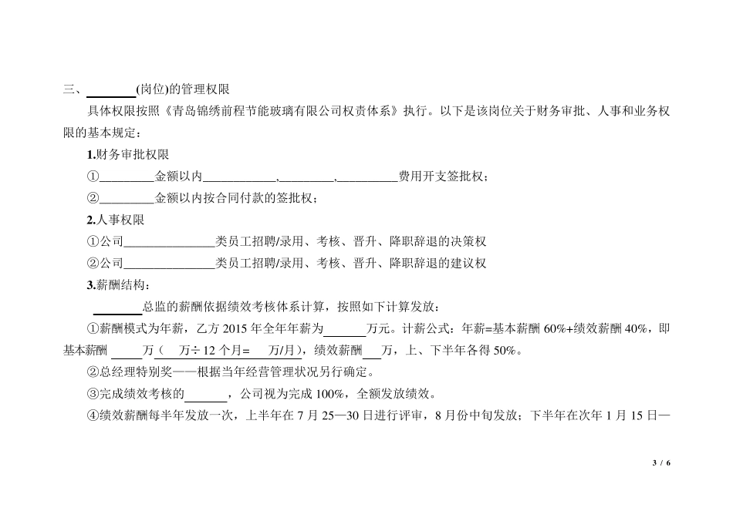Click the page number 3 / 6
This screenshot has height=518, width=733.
click(x=661, y=462)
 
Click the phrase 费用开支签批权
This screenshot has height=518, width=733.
click(x=442, y=177)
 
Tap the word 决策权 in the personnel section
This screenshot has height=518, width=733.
click(x=470, y=241)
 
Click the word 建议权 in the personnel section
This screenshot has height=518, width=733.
click(x=470, y=264)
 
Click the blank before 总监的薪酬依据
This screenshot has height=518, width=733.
click(x=118, y=307)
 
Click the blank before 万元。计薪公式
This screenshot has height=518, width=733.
click(x=344, y=329)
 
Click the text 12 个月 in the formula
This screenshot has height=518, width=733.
click(x=217, y=351)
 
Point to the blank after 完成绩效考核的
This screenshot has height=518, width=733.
click(x=206, y=395)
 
